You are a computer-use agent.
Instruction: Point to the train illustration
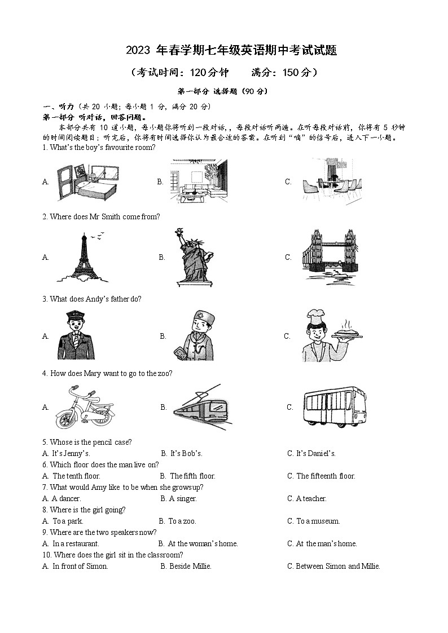(200, 407)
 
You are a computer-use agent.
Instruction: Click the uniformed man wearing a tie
(76, 335)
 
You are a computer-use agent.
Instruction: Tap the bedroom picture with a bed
(88, 182)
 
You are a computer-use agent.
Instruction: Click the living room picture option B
(199, 182)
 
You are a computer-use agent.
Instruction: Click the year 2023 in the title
(138, 51)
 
